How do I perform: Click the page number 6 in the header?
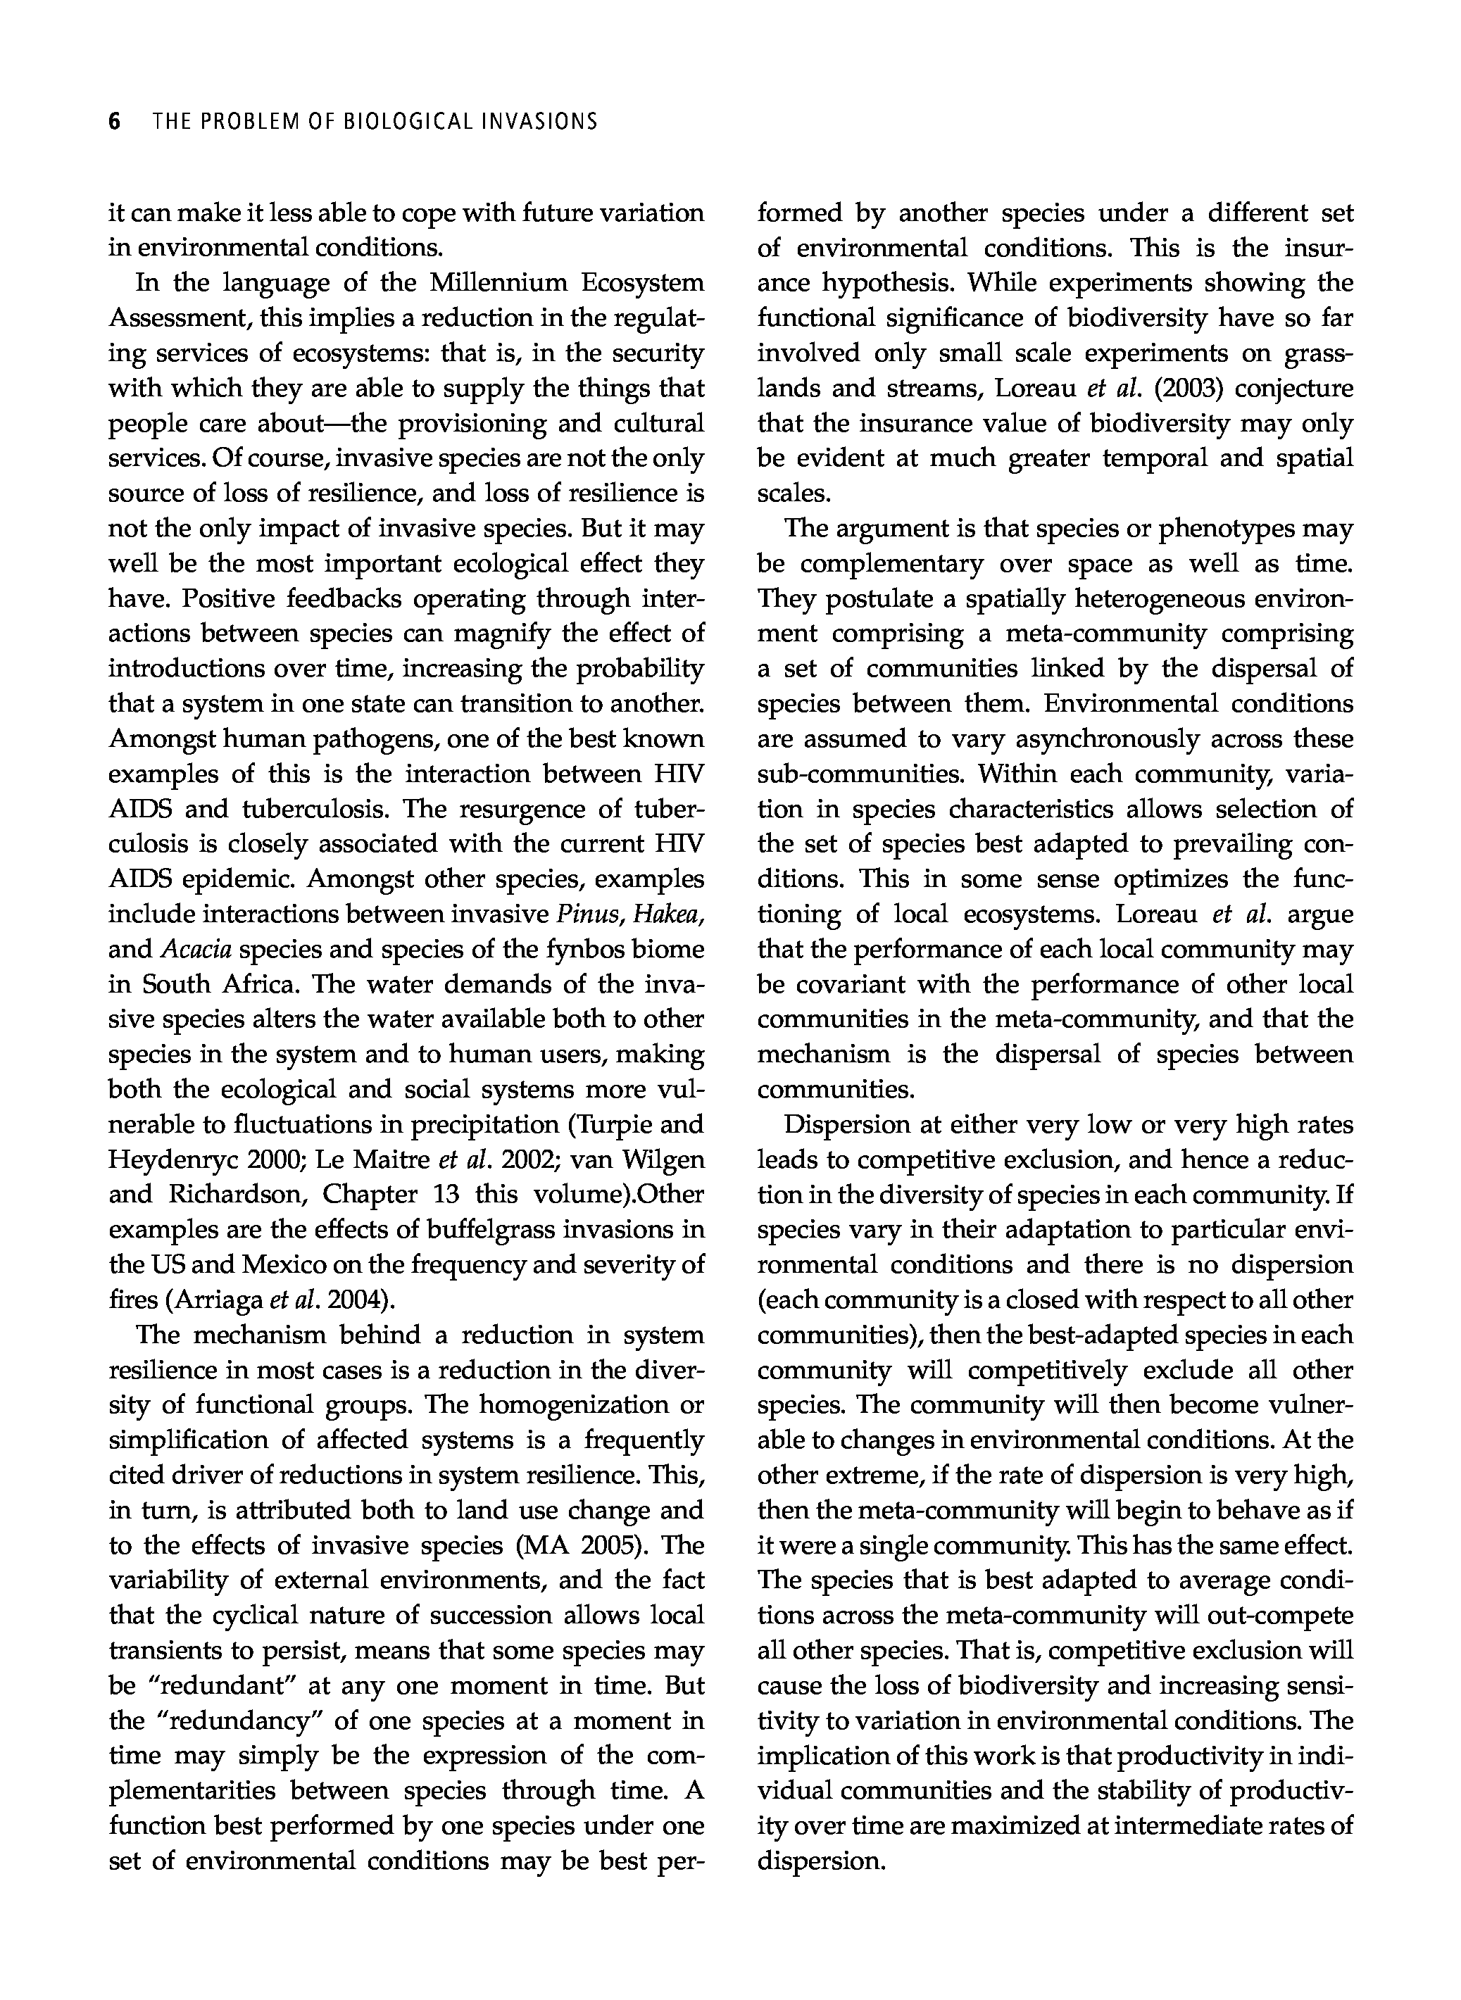(114, 121)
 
